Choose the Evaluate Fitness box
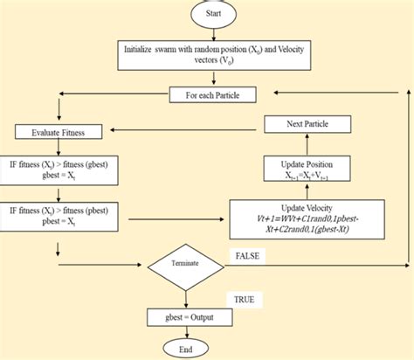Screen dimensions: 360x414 coord(57,132)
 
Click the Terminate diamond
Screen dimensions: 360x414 coord(187,260)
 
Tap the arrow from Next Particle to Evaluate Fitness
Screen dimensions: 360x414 coord(175,132)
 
